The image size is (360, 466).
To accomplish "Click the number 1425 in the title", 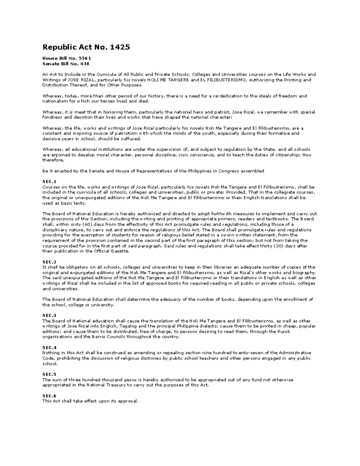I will tap(120, 47).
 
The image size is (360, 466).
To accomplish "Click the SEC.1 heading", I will tap(49, 182).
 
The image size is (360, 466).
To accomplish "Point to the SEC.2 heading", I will tap(49, 262).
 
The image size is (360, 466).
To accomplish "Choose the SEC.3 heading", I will tap(49, 315).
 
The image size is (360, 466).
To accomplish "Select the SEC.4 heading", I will tap(49, 347).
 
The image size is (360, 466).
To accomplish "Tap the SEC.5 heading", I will tap(49, 374).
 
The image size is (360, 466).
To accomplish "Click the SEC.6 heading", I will tap(49, 396).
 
